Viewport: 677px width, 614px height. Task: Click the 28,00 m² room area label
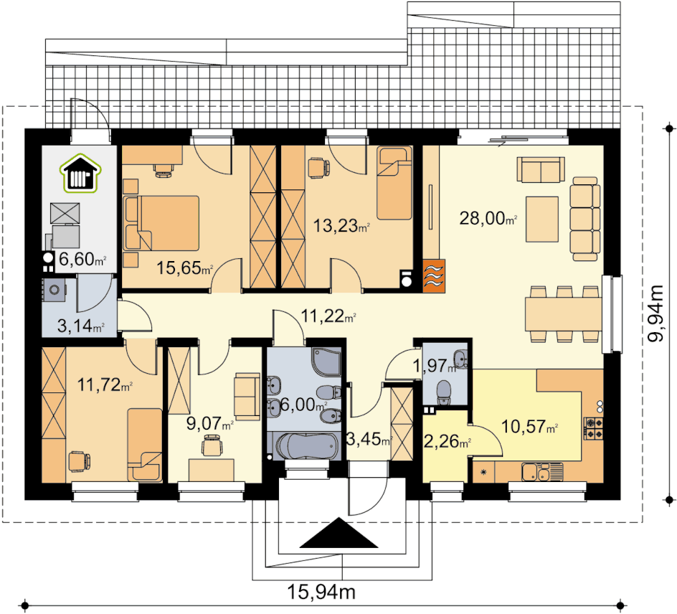click(x=488, y=219)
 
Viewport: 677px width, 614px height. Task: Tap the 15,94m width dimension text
click(x=321, y=592)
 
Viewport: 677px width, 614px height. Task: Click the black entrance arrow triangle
click(x=339, y=532)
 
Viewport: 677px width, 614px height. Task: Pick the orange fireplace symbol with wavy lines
click(x=433, y=276)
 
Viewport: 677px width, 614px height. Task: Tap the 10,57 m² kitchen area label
click(x=529, y=427)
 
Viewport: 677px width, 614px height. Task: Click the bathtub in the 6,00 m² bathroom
click(x=306, y=445)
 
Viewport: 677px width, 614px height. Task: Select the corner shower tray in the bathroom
click(x=326, y=362)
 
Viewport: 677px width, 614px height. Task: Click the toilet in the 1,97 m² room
click(x=444, y=392)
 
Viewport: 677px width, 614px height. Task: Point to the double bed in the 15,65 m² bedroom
click(x=161, y=223)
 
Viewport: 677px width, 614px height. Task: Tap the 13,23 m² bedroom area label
click(x=341, y=225)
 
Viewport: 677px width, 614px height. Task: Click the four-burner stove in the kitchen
click(x=594, y=428)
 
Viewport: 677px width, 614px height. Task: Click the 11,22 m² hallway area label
click(x=328, y=316)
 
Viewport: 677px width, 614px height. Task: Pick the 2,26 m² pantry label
click(x=448, y=442)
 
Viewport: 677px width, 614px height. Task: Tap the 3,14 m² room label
click(x=81, y=326)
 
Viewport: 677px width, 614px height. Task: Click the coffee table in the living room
click(x=542, y=219)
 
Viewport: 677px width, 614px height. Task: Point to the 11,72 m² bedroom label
click(x=105, y=384)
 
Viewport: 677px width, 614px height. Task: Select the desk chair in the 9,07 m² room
click(x=212, y=445)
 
